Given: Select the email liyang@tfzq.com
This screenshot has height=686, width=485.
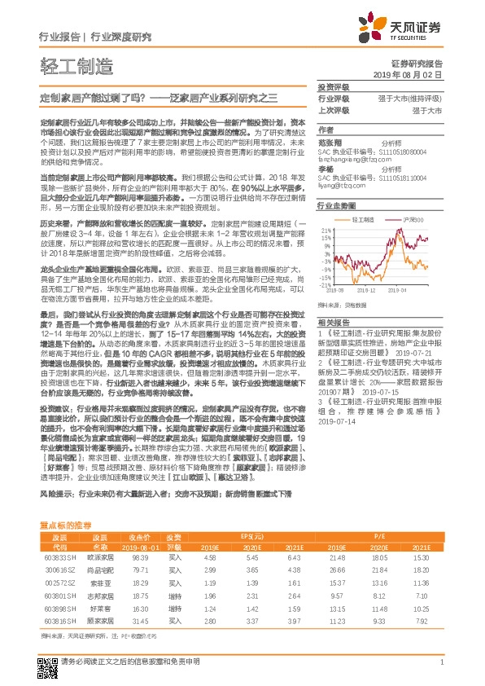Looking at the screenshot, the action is coord(342,185).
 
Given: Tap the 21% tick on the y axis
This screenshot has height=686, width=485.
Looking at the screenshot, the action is coord(324,231).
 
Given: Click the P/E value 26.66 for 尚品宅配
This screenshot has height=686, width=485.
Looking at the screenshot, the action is coord(338,571).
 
